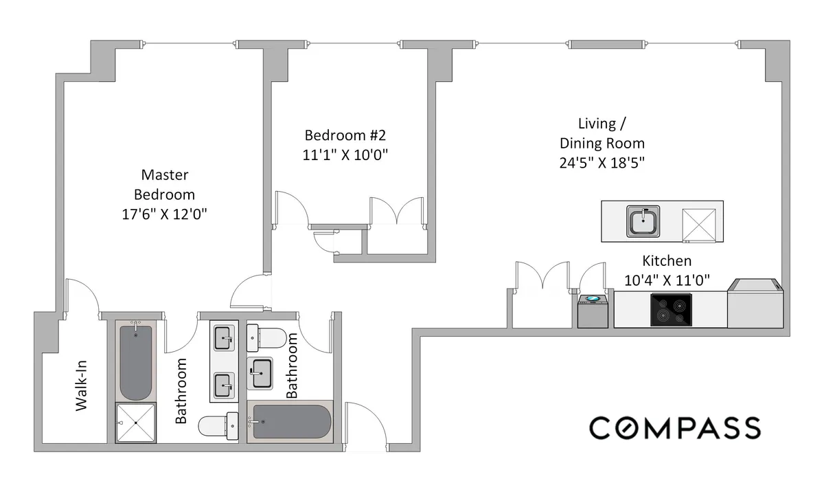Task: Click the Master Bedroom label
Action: [x=164, y=184]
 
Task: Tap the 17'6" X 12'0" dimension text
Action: [x=164, y=214]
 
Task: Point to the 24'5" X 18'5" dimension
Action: [x=602, y=164]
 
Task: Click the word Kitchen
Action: [x=666, y=261]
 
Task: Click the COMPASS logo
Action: [x=674, y=427]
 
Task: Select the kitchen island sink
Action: [x=643, y=221]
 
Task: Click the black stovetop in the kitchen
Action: [x=671, y=310]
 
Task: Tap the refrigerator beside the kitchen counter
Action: [x=753, y=304]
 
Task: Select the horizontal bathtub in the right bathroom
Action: [x=292, y=423]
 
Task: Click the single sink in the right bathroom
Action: [x=260, y=374]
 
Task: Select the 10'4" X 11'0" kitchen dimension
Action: [x=666, y=280]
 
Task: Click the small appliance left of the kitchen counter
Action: [x=592, y=311]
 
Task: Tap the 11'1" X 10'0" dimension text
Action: [x=346, y=155]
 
